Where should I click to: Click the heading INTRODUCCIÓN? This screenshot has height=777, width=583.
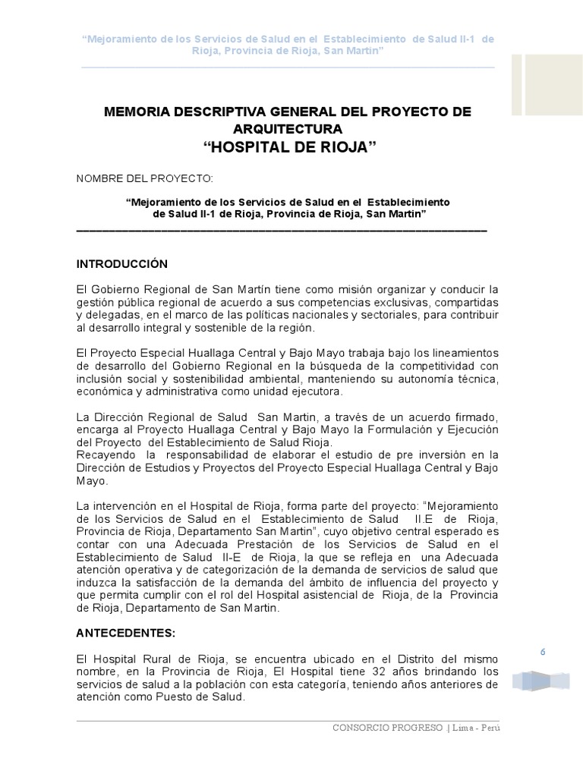coord(121,264)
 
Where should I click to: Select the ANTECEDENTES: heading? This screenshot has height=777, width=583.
coord(126,631)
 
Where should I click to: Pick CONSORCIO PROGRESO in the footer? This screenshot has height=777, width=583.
coord(388,728)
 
